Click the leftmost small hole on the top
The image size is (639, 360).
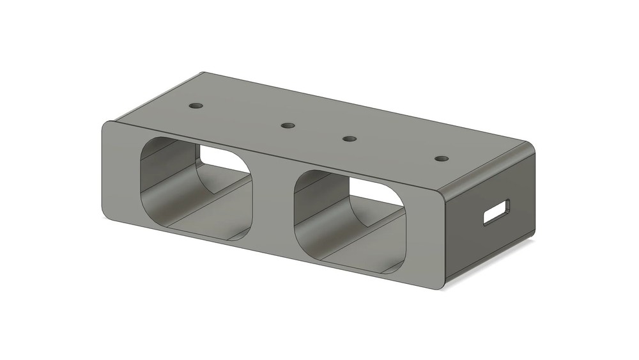[x=196, y=104]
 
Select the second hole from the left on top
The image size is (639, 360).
[x=288, y=125]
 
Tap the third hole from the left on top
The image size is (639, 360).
[x=349, y=139]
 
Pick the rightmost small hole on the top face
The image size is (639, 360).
[x=439, y=158]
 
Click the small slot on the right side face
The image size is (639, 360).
[x=497, y=212]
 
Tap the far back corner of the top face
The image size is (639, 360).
[x=203, y=74]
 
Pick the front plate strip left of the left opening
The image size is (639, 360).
[x=120, y=173]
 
